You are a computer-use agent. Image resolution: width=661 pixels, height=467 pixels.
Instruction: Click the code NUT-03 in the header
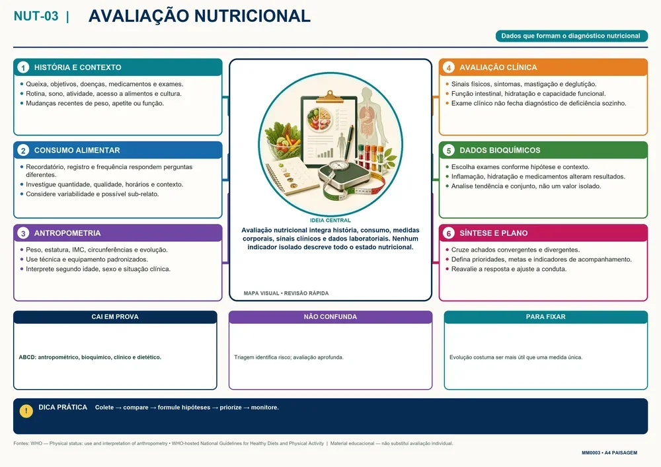click(x=36, y=16)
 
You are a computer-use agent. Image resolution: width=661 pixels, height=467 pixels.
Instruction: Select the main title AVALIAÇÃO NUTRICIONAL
click(x=200, y=16)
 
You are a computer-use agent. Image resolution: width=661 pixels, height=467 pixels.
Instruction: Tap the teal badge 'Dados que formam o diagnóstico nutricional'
click(x=571, y=36)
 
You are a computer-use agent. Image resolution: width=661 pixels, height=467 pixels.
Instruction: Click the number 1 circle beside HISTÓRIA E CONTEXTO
click(x=23, y=67)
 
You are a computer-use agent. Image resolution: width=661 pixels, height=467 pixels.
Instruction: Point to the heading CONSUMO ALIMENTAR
click(x=77, y=151)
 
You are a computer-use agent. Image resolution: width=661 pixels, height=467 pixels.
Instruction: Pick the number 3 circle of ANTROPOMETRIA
click(x=23, y=233)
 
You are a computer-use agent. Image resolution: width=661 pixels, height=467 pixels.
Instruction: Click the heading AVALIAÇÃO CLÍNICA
click(x=498, y=67)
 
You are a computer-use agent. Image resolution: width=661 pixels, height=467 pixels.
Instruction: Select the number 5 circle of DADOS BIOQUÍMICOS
click(x=449, y=151)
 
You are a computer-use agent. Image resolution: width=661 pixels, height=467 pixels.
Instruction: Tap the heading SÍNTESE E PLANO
click(x=493, y=233)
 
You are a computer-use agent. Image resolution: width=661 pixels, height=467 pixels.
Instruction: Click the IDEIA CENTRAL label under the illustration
click(x=330, y=220)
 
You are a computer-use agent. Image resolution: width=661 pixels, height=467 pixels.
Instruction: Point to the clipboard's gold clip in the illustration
click(x=330, y=96)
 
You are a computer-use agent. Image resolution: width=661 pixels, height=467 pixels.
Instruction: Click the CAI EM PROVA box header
click(x=115, y=317)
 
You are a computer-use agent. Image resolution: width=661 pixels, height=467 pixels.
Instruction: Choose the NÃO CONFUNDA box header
click(x=330, y=317)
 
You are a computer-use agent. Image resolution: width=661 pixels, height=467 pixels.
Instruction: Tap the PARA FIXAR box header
click(x=546, y=317)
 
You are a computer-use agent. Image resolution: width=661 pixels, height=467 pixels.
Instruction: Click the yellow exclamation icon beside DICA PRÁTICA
click(x=26, y=411)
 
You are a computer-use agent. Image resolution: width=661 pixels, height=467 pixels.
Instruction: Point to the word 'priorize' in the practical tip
click(x=231, y=408)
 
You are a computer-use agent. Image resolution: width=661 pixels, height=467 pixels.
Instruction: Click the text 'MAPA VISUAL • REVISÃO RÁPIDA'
click(x=286, y=293)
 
